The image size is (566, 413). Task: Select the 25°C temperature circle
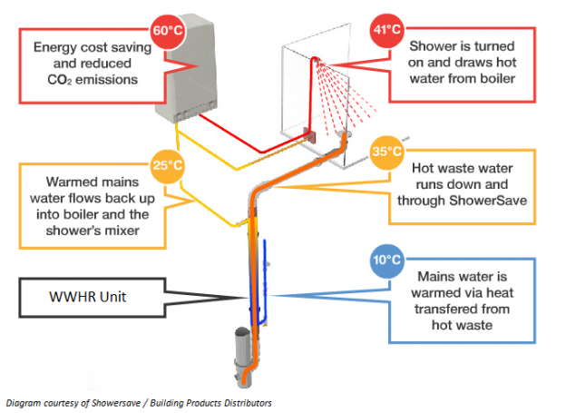(166, 166)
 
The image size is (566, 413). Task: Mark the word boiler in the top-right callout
(493, 80)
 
